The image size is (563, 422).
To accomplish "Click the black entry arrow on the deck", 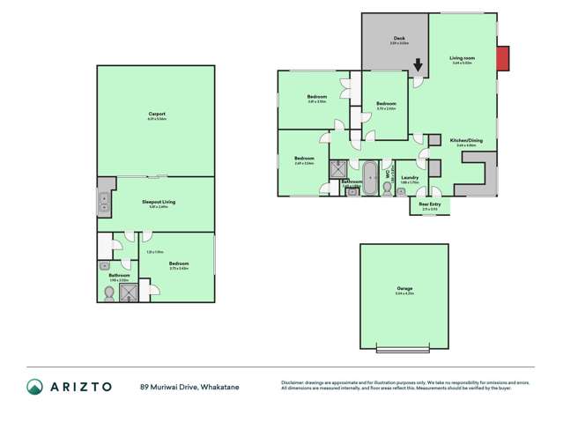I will pos(419,64).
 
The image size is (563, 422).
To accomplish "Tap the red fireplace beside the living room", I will pos(502,59).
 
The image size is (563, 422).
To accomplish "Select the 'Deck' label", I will pos(398,39).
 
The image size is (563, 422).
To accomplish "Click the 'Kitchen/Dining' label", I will pos(465,141).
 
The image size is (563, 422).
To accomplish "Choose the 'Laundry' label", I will pos(409,178).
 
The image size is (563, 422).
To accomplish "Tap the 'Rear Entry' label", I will pos(431,204).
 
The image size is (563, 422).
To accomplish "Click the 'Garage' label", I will pos(404,289).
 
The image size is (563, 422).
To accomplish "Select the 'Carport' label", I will pos(157,114).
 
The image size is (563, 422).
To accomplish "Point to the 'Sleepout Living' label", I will pos(159,202).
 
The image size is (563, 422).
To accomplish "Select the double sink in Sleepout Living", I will pos(103,204).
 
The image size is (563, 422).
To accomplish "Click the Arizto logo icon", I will pos(34,387).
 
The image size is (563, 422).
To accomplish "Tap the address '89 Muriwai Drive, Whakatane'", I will pos(189,387).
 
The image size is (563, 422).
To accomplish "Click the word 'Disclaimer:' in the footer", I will pos(294,382).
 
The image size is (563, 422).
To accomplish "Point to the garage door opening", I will pos(404,350).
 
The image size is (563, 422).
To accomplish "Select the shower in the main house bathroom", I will pos(337,169).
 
